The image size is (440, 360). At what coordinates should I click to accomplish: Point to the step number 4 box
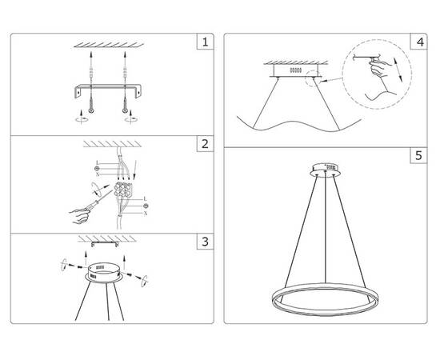418,41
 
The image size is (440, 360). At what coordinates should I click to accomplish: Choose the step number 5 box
418,156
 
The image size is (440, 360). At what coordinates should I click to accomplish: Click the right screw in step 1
125,103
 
